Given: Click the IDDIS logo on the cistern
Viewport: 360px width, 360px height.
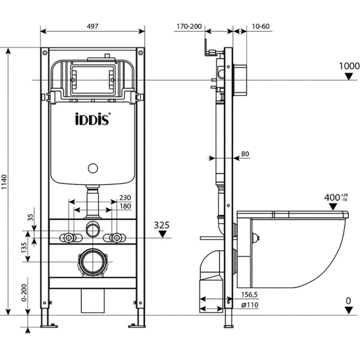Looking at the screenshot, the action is click(x=93, y=119).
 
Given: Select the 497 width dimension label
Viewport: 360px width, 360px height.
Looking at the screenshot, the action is click(x=93, y=26).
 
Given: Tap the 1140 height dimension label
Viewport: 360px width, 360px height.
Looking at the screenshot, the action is click(x=4, y=182).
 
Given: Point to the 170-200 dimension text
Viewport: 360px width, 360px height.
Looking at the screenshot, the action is click(x=189, y=27).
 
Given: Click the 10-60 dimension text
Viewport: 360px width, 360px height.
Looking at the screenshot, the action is click(x=260, y=27).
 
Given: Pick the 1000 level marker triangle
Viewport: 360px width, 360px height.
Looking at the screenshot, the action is click(x=349, y=76).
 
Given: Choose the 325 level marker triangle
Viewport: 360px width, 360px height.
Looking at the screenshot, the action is click(x=162, y=234).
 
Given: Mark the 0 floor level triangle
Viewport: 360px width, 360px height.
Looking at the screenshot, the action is click(x=349, y=311).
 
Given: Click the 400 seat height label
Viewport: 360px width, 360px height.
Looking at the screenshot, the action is click(x=336, y=197).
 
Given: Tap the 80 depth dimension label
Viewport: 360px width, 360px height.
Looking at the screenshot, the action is click(x=245, y=154).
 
